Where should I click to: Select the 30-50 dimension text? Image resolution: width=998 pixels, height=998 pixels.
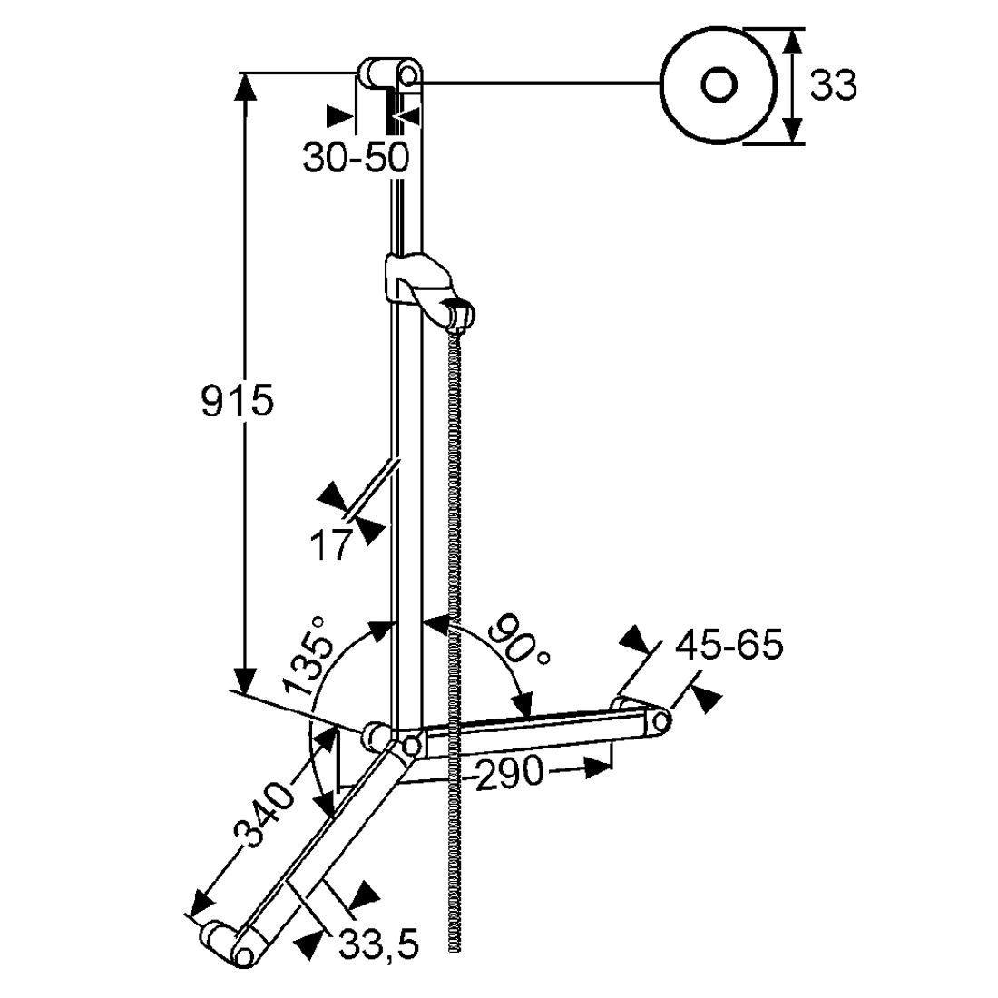point(355,157)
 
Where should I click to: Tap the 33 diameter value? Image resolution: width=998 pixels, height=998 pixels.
point(833,85)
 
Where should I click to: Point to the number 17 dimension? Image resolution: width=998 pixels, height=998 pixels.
point(331,544)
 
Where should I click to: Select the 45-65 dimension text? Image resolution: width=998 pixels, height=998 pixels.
point(729,645)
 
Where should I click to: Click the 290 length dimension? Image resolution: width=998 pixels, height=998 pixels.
point(510,773)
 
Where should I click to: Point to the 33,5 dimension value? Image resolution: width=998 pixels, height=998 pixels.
point(378,945)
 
